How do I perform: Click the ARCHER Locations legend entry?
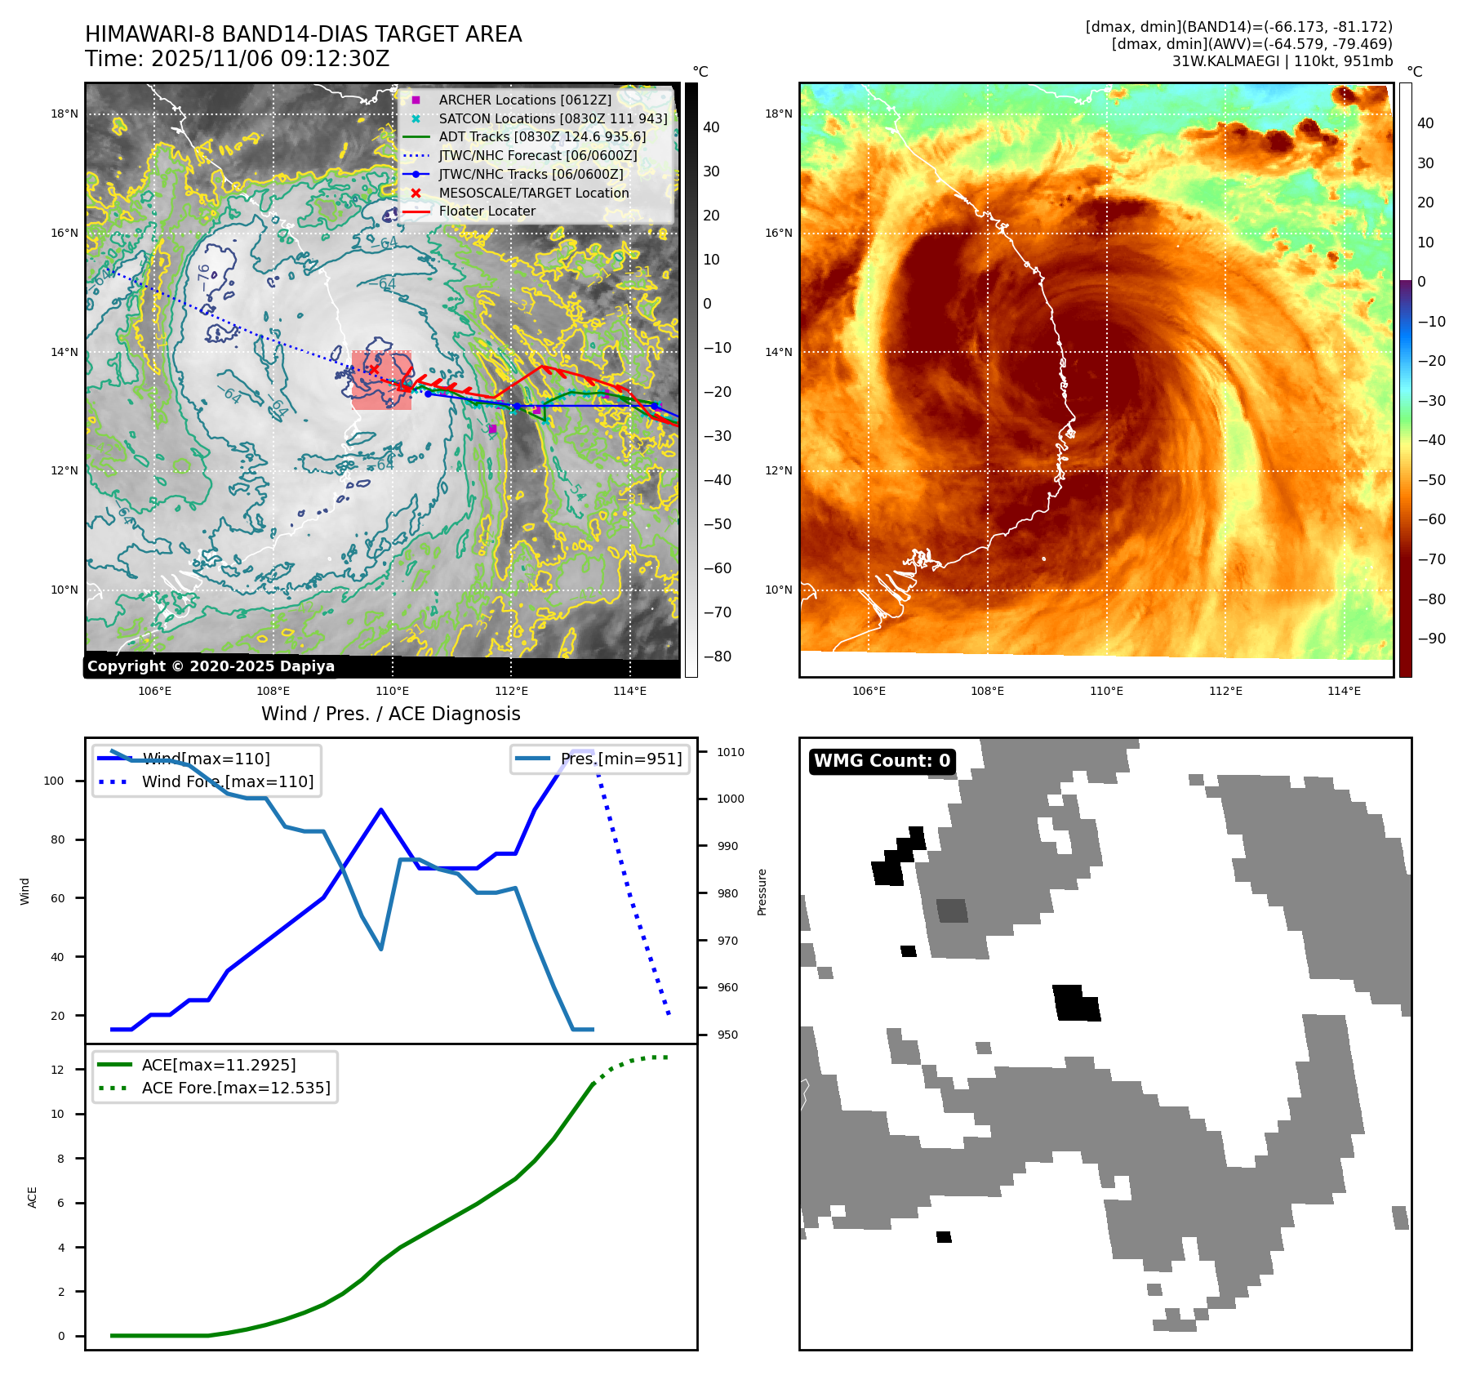524,100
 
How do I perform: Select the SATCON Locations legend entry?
553,118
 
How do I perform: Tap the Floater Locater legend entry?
487,211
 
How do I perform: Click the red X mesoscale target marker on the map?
373,370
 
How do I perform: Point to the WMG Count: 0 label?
882,761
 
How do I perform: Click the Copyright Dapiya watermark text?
211,666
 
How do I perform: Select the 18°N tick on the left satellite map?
64,114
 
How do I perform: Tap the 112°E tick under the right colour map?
1225,691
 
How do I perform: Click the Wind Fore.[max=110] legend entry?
227,781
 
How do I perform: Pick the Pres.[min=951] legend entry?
620,759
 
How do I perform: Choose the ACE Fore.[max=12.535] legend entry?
236,1088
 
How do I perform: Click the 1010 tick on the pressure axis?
731,752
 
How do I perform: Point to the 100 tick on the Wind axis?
53,781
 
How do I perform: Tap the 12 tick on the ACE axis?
57,1070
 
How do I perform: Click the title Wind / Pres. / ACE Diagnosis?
390,714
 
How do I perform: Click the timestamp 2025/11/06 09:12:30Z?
270,59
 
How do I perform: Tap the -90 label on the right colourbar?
1431,639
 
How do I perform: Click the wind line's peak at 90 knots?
381,809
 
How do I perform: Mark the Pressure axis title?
762,892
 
